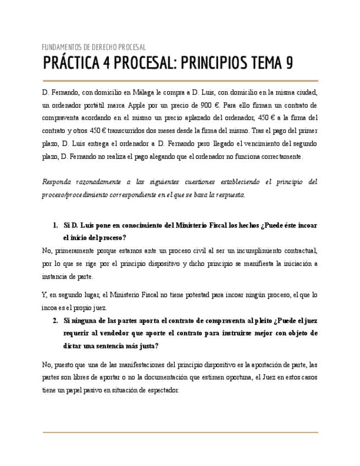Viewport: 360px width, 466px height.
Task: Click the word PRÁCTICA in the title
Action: point(69,64)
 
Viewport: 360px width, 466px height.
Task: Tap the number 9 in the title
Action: point(289,64)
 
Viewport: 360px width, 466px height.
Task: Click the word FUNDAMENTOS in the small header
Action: point(60,47)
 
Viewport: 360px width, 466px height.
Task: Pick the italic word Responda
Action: point(57,182)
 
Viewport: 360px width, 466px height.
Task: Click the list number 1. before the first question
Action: point(56,225)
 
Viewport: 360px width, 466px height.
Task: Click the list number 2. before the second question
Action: point(56,321)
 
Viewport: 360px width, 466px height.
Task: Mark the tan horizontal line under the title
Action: point(180,81)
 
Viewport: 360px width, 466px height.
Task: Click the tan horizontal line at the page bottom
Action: point(180,432)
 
